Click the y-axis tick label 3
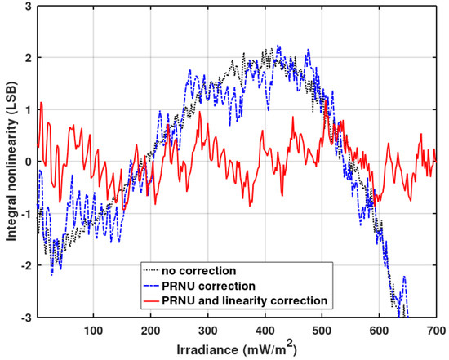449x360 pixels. coord(29,7)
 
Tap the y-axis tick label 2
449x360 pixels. coord(29,58)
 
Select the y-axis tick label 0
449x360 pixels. coord(29,162)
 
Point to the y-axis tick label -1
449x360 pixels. coord(26,213)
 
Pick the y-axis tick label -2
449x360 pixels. coord(26,265)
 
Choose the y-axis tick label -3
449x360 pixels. coord(26,317)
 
